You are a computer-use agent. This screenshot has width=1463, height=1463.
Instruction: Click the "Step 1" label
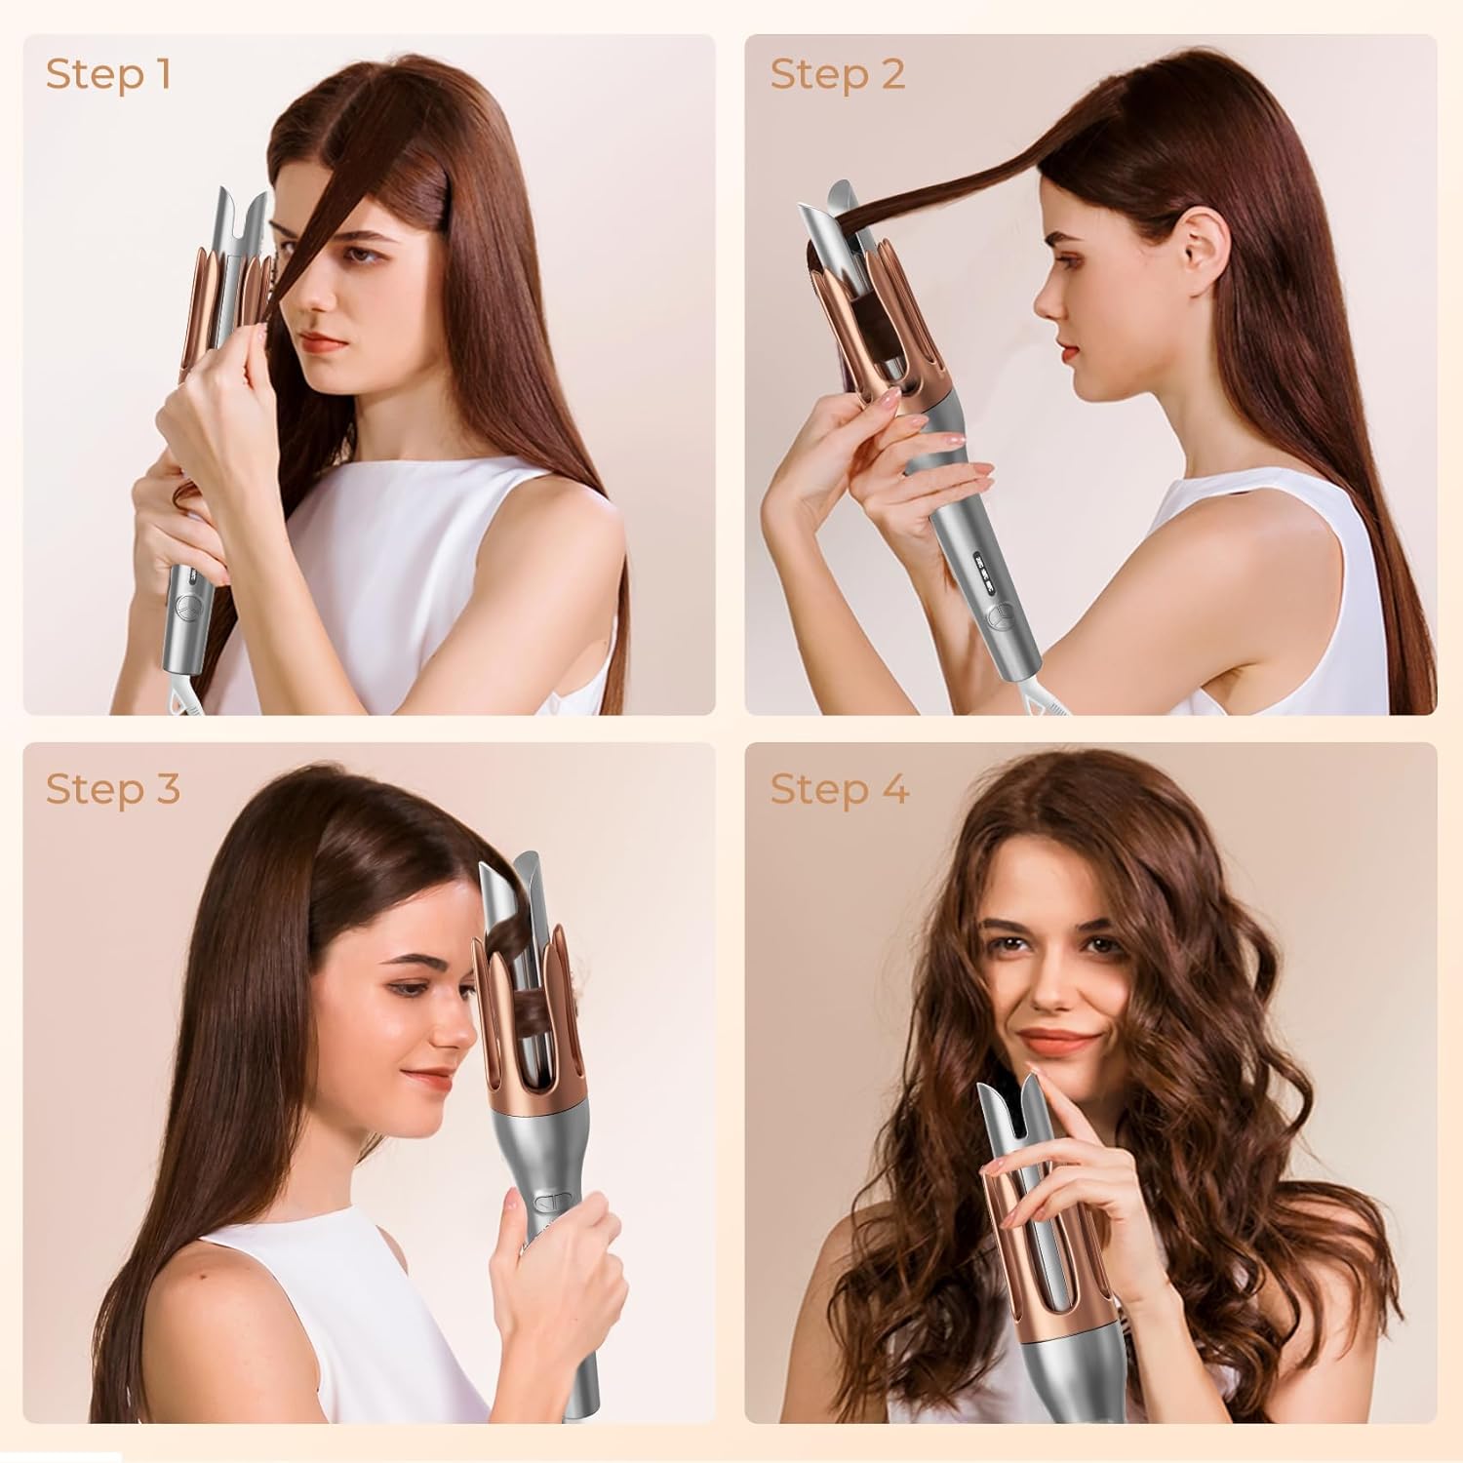point(108,74)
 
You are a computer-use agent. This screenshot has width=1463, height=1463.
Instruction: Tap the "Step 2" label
point(837,74)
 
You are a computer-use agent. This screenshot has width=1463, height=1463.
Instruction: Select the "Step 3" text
point(113,789)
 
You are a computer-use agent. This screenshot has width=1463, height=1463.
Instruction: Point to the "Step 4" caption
point(839,789)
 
